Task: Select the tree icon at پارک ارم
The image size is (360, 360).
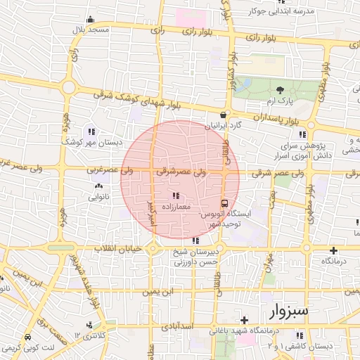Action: pos(281,90)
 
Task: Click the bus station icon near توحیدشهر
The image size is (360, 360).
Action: pos(224,202)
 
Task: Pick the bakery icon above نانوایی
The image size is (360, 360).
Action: pos(97,187)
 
